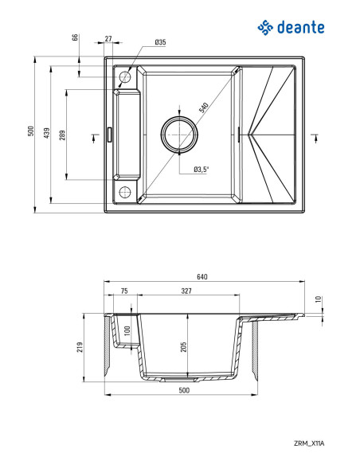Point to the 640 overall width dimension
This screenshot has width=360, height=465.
pos(202,277)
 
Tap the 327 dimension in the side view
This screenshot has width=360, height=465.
pos(185,292)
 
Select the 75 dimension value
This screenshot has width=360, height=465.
pos(123,292)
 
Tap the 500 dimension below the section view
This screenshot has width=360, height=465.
pos(184,391)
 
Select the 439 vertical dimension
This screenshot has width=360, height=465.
pos(47,133)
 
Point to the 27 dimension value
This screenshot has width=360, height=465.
pos(108,38)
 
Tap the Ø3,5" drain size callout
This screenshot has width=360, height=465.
pos(202,168)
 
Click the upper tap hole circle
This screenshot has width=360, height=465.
pos(124,78)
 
